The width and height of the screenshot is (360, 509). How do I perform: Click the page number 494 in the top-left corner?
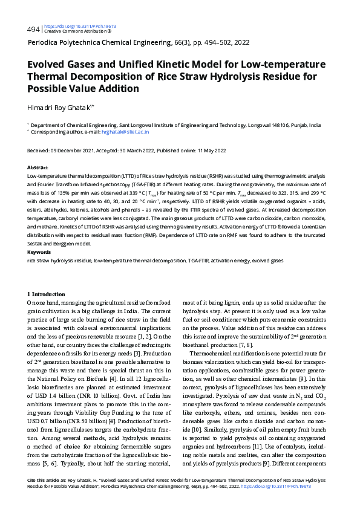[x=34, y=29]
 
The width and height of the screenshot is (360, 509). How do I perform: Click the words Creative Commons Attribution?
[x=70, y=31]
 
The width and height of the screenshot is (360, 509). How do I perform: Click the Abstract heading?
[x=38, y=166]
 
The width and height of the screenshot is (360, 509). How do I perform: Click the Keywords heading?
[x=39, y=251]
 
